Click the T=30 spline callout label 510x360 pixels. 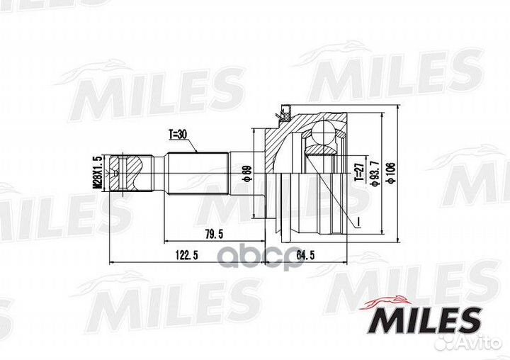coord(177,135)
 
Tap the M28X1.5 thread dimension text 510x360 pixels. coord(97,172)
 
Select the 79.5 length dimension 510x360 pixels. coord(214,235)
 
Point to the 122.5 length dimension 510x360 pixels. coord(187,255)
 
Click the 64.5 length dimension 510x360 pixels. coord(306,255)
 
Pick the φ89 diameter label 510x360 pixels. coord(247,173)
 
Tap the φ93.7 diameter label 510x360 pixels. coord(375,175)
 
